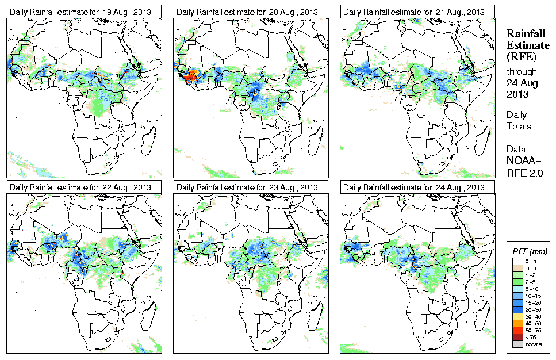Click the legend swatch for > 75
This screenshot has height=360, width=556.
tap(519, 336)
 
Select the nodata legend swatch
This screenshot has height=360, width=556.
tap(519, 344)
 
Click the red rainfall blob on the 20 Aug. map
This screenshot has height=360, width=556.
tap(190, 75)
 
